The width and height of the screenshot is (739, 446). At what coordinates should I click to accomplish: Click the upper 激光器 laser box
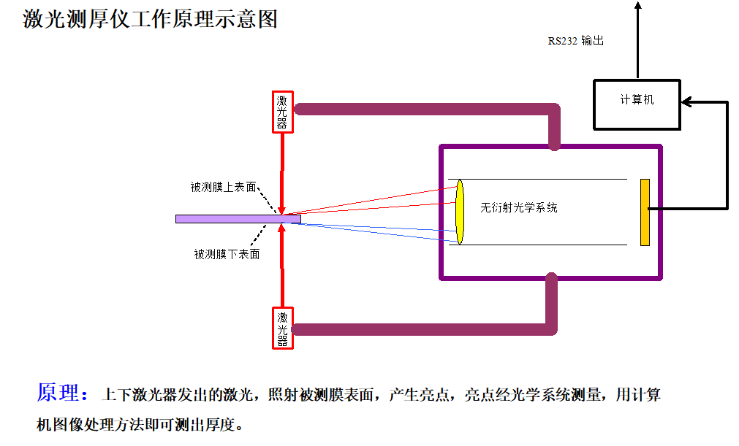(282, 112)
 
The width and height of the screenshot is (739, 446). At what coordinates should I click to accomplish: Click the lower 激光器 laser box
(282, 328)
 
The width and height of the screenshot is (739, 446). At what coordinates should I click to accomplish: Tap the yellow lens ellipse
(460, 212)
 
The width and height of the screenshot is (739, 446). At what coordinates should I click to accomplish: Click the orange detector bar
(645, 212)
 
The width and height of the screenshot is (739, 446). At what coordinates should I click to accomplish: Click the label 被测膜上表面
(223, 187)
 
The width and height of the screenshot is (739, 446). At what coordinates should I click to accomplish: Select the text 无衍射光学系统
(518, 207)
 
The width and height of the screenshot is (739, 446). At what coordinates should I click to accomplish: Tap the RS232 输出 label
(576, 41)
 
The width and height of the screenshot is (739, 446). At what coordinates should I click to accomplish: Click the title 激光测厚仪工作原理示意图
(151, 18)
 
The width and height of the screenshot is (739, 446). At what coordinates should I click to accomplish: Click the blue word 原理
(58, 393)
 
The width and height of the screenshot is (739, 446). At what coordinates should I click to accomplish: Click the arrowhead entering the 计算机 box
(686, 103)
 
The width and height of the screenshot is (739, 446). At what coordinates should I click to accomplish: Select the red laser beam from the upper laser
(282, 168)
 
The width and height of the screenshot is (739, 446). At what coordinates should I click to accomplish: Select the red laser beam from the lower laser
(282, 266)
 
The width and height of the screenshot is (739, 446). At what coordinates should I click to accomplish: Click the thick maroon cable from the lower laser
(424, 329)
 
